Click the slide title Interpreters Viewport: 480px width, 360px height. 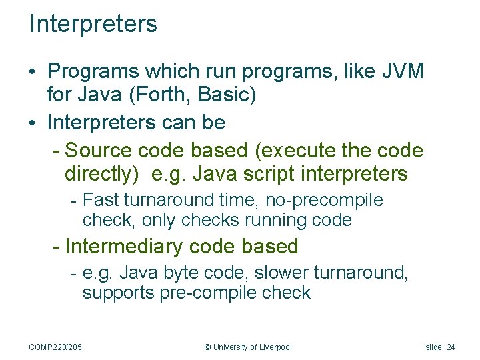pyautogui.click(x=93, y=24)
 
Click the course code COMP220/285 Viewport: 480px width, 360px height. pyautogui.click(x=61, y=347)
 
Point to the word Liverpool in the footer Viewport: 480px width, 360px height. pyautogui.click(x=275, y=347)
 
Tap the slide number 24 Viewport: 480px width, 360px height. pyautogui.click(x=451, y=347)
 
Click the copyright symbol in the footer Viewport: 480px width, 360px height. pyautogui.click(x=207, y=347)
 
